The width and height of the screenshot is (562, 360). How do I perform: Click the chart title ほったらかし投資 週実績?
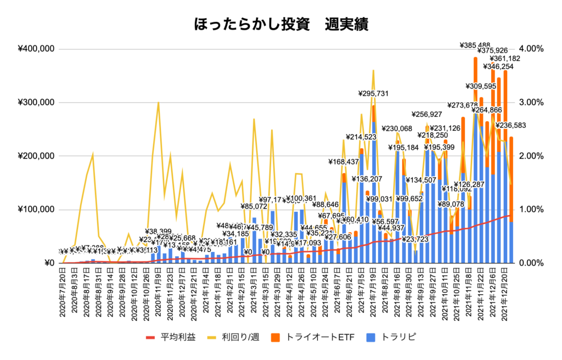pos(281,25)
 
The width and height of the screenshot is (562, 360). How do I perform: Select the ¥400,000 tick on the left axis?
pos(36,49)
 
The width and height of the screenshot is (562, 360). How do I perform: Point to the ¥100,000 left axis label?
pos(36,210)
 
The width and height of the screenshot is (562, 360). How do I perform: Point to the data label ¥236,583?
pos(512,126)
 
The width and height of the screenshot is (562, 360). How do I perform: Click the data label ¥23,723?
pos(415,240)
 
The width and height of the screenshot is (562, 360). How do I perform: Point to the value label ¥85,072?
pos(256,207)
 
